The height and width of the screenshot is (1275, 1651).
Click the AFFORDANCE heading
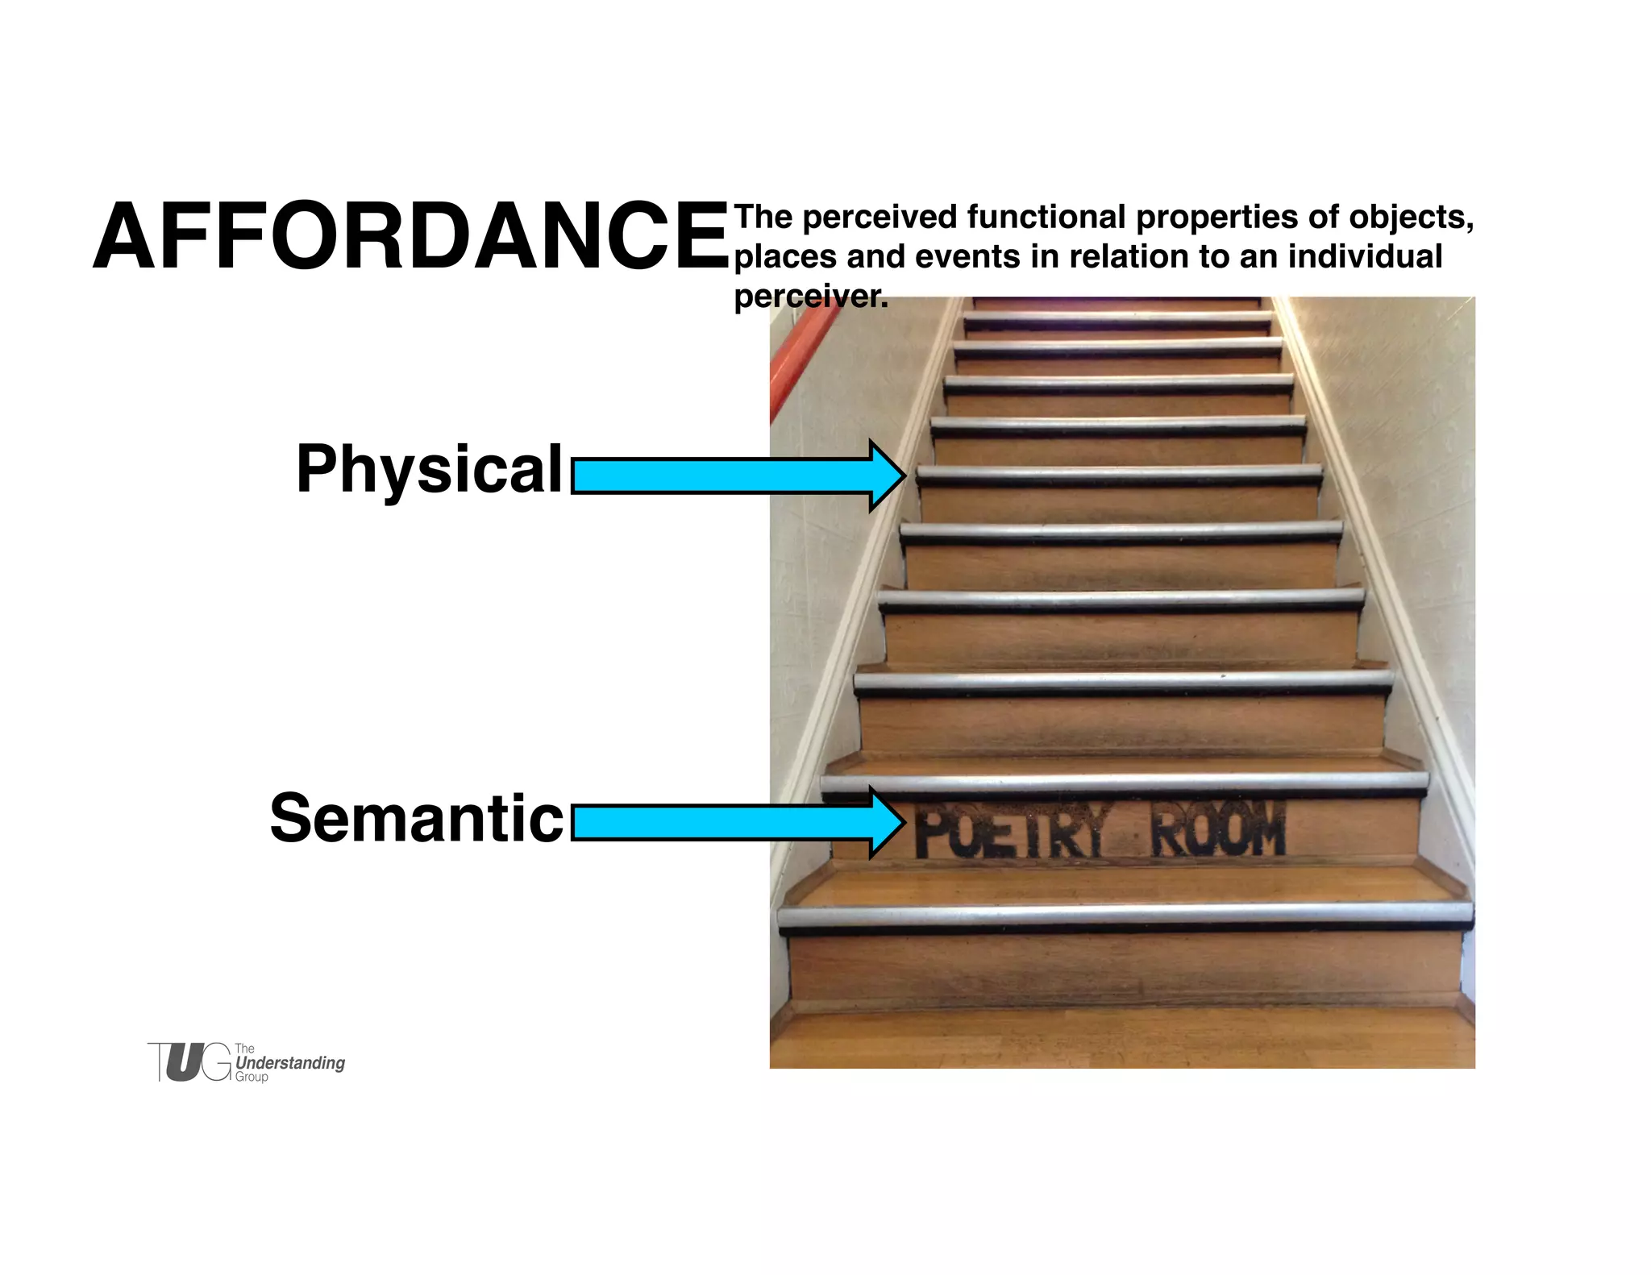pyautogui.click(x=411, y=237)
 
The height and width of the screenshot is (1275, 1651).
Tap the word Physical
pyautogui.click(x=429, y=469)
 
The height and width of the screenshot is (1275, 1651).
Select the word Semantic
pyautogui.click(x=416, y=819)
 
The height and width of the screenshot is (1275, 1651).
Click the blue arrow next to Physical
pyautogui.click(x=737, y=476)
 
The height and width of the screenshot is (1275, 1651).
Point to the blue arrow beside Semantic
pyautogui.click(x=737, y=823)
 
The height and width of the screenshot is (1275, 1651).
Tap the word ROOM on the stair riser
pyautogui.click(x=1217, y=830)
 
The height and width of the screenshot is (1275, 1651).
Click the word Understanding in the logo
pyautogui.click(x=290, y=1063)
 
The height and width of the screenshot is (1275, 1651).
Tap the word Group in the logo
pyautogui.click(x=252, y=1077)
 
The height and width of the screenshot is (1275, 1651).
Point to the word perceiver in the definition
pyautogui.click(x=810, y=297)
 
